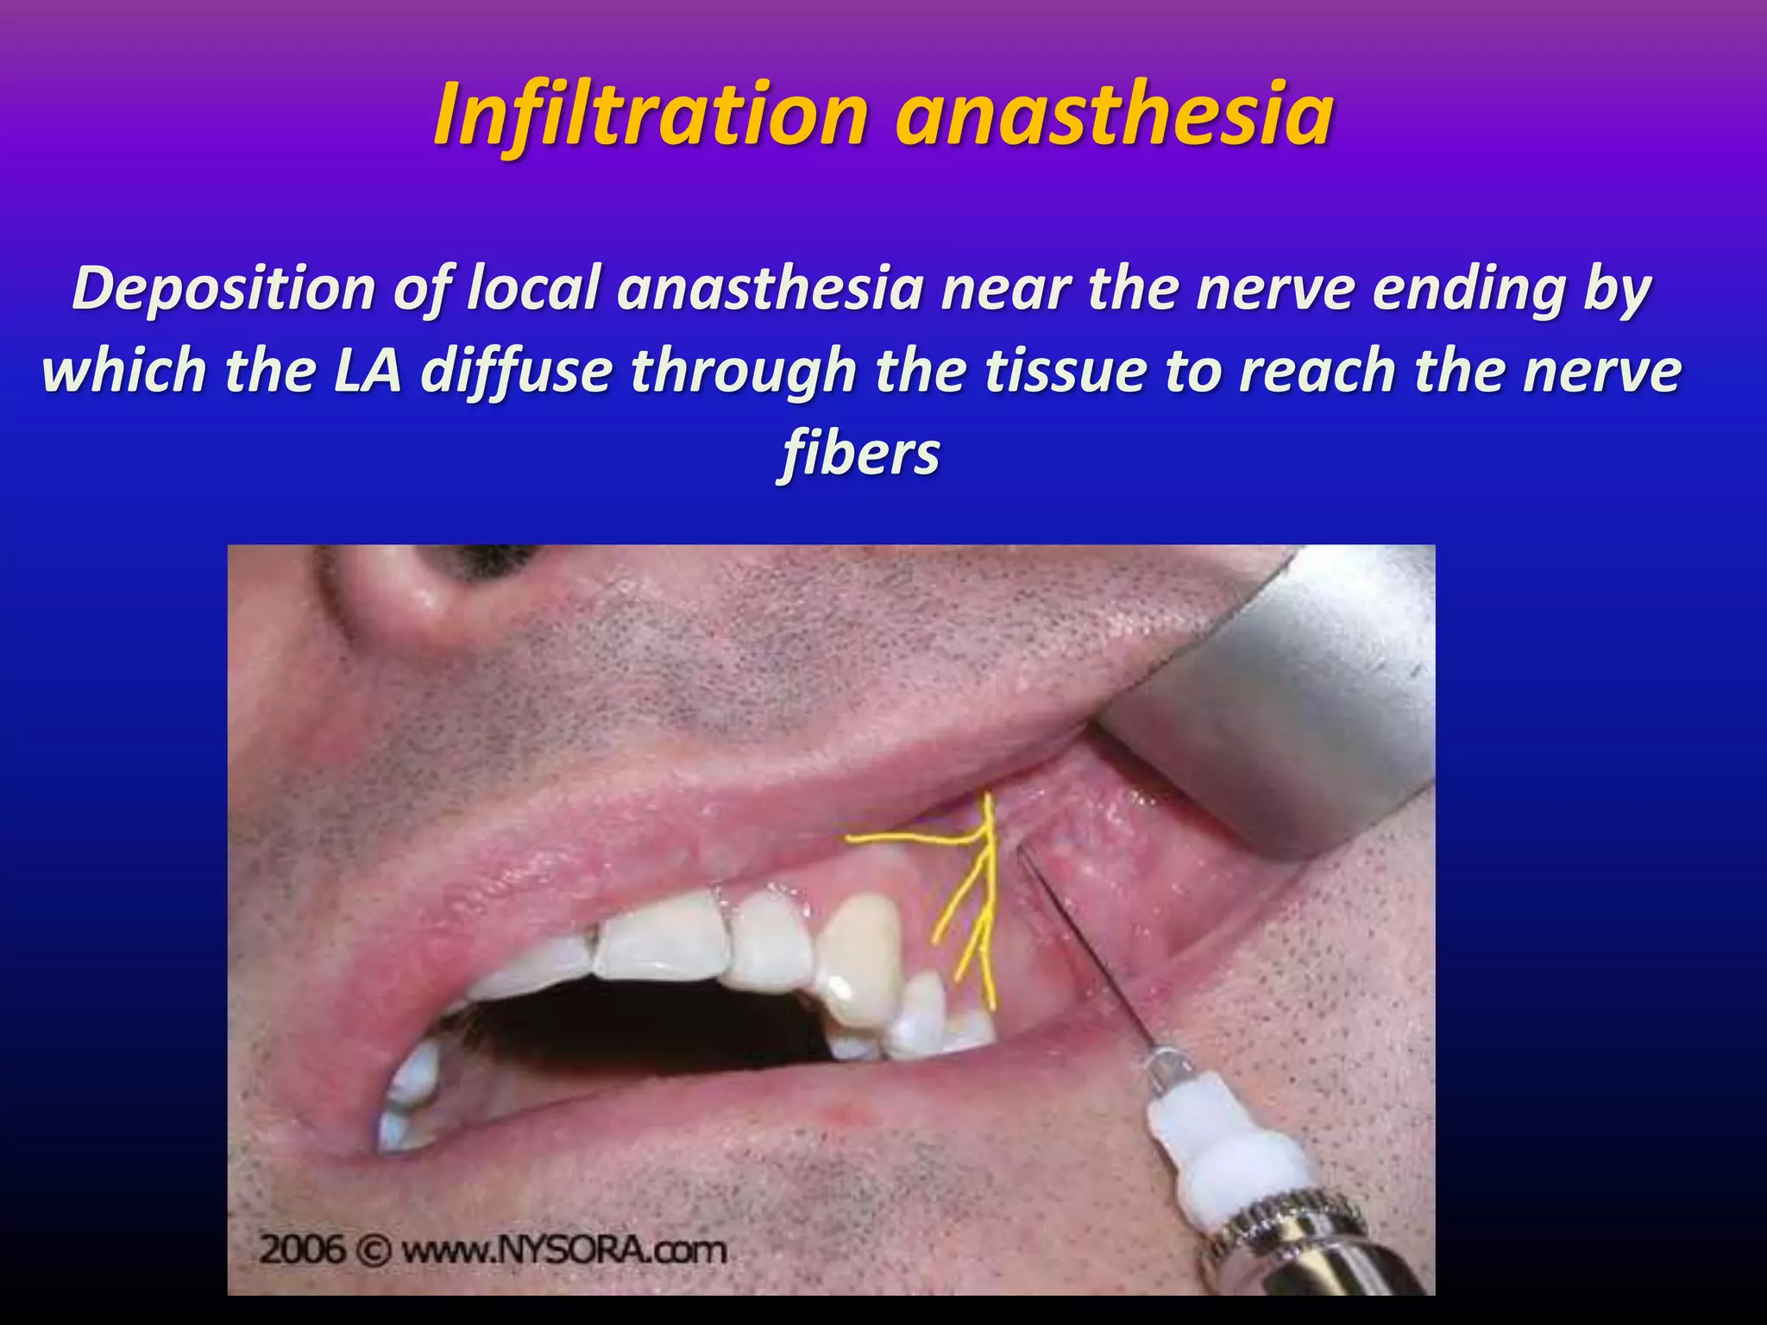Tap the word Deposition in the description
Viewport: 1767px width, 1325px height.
click(223, 290)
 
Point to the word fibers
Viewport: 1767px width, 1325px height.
click(860, 454)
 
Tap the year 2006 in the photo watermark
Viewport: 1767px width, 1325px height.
click(304, 1249)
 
